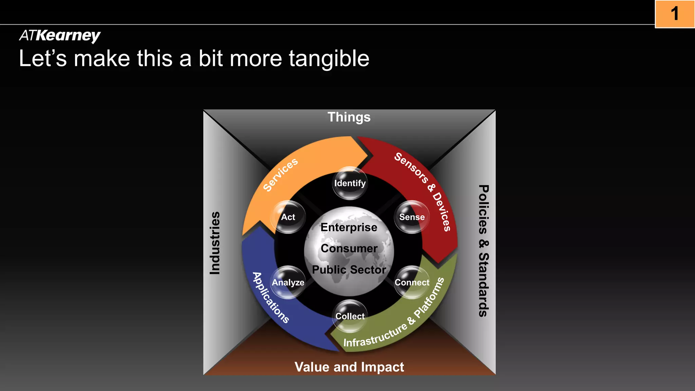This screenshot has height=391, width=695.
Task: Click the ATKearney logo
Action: click(60, 35)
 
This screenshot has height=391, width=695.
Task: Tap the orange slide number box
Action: click(675, 14)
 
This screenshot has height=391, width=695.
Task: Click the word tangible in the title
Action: click(329, 58)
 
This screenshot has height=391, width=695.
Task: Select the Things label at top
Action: click(349, 117)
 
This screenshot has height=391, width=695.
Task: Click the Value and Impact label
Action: click(349, 367)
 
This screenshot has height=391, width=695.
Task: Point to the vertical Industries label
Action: click(215, 243)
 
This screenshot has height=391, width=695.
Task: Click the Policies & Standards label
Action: click(483, 250)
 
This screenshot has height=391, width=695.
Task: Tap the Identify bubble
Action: click(350, 183)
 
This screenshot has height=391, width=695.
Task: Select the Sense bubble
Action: click(412, 217)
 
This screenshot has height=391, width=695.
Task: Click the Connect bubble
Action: click(412, 282)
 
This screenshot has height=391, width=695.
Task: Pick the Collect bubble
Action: click(350, 316)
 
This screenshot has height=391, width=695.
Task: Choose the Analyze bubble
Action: click(288, 282)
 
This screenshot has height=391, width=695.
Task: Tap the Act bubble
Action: click(288, 217)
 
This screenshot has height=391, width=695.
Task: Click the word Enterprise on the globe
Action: click(349, 227)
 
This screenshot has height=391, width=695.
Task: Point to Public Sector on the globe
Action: click(349, 270)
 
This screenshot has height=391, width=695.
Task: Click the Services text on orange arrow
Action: click(281, 174)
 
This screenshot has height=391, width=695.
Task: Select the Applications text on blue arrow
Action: click(271, 298)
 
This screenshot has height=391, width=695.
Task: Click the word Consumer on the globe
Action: click(349, 248)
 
